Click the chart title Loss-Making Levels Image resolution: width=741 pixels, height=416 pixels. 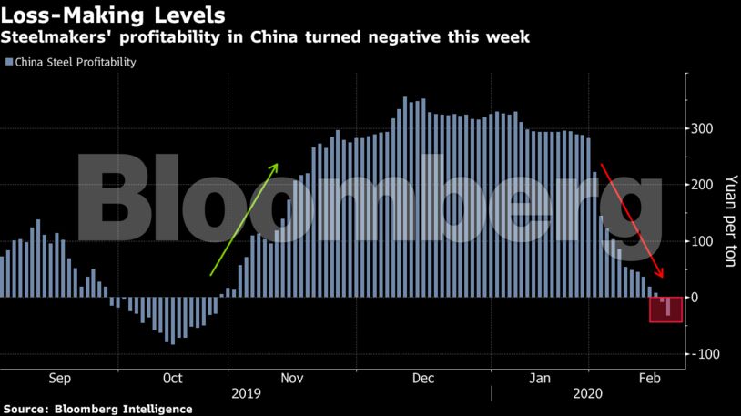(114, 15)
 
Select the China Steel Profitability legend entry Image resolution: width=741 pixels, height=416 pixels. (70, 63)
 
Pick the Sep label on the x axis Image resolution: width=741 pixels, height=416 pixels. (58, 378)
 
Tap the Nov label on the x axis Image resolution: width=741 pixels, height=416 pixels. (291, 378)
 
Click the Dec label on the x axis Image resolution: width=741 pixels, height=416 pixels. (422, 378)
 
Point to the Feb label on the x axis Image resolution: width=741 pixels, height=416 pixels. (649, 378)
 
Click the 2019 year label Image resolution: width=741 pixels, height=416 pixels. (247, 394)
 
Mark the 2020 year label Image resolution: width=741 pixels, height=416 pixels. (586, 394)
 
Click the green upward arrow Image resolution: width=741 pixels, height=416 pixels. (244, 218)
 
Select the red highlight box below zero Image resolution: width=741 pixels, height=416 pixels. (665, 309)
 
